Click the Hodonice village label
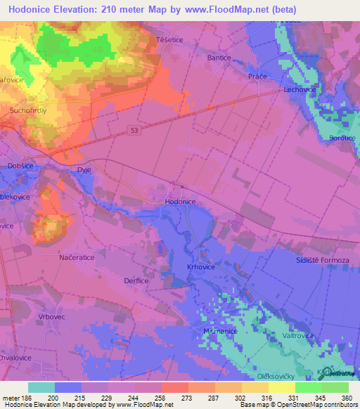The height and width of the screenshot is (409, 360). tap(179, 201)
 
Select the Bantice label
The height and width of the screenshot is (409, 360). tap(219, 58)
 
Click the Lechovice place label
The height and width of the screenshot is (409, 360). tap(298, 91)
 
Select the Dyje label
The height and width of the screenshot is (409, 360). tap(84, 169)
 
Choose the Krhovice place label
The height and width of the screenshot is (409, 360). tap(200, 267)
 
